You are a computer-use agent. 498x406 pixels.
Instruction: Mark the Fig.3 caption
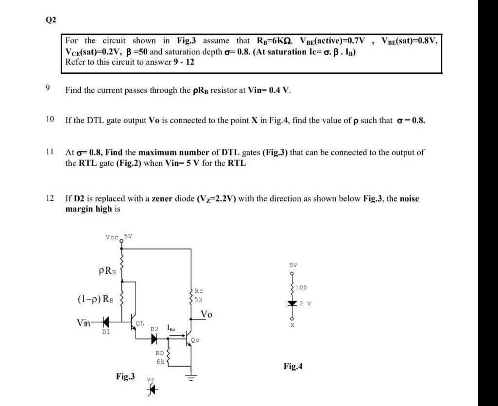click(125, 375)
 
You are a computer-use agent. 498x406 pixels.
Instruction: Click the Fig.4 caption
click(294, 366)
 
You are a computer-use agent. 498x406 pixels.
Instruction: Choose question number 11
click(49, 152)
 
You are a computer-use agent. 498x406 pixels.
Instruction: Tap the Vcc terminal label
click(111, 237)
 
